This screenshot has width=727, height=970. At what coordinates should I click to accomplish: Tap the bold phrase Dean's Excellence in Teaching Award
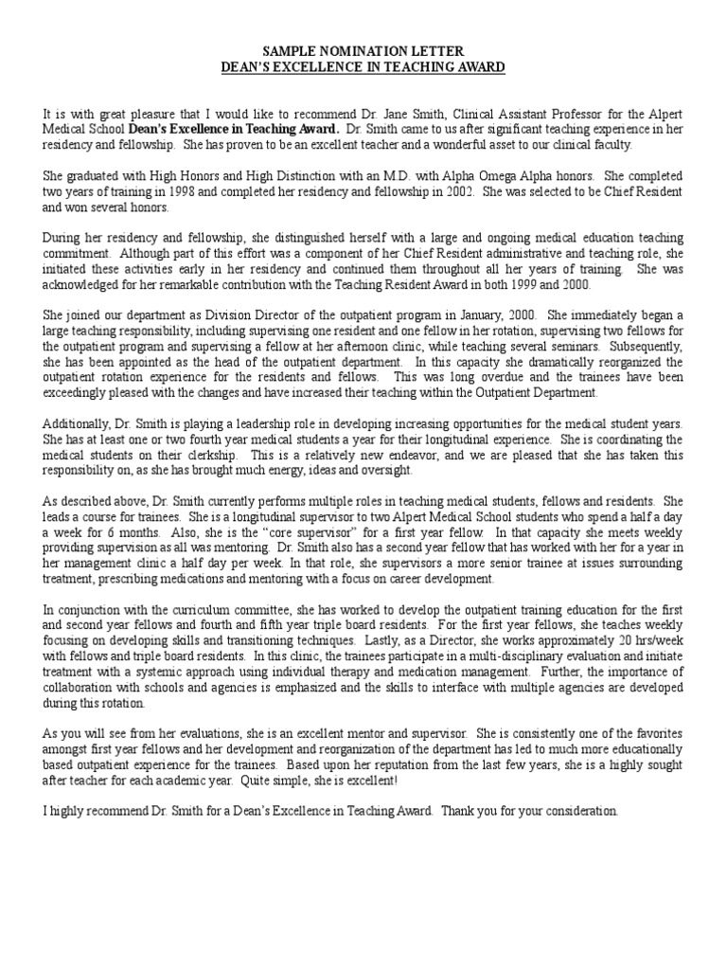(x=234, y=129)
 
